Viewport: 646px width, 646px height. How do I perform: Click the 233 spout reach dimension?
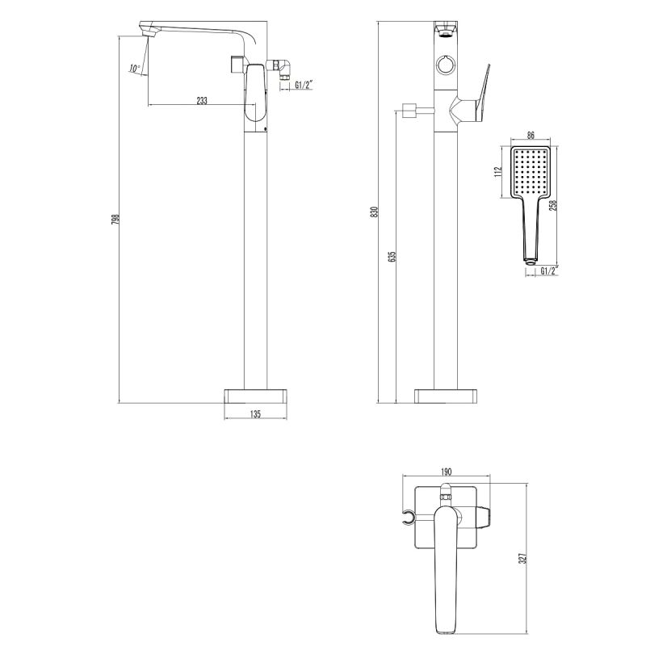201,101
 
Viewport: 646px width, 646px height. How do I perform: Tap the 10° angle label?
134,69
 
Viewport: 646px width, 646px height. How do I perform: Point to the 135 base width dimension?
255,414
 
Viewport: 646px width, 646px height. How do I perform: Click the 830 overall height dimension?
374,212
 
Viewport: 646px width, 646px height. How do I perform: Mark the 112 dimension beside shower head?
500,171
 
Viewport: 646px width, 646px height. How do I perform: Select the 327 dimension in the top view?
522,558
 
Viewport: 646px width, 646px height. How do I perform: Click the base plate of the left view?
255,395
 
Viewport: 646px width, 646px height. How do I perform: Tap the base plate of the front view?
447,395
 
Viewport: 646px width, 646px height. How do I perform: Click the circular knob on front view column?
447,65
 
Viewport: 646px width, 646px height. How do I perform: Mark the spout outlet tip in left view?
148,31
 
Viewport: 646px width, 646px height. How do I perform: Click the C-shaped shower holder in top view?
409,517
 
